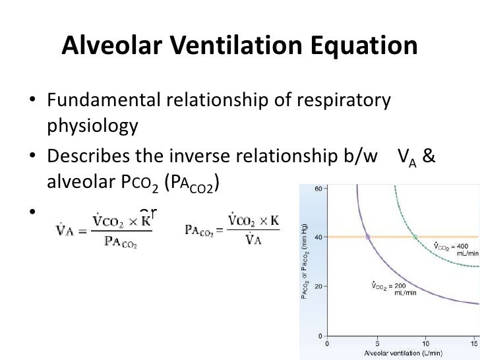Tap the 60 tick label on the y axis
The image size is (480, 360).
[316, 189]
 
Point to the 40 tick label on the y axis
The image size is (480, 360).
[316, 237]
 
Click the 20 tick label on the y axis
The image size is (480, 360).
[316, 286]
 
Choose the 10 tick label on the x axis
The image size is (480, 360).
[426, 343]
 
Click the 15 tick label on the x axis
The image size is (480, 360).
[473, 343]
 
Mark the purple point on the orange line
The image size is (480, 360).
[368, 237]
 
